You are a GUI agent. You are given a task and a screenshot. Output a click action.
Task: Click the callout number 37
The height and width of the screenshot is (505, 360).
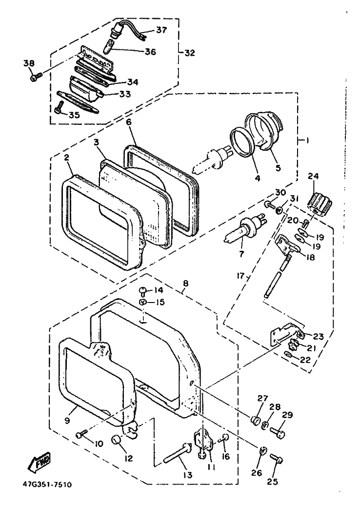tap(161, 30)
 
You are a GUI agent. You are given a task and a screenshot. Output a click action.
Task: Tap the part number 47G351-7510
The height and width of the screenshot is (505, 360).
tap(46, 485)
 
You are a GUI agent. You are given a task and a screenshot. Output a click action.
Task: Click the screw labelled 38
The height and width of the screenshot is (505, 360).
tap(35, 77)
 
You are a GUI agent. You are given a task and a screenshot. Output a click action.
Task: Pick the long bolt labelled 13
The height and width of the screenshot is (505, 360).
tap(177, 454)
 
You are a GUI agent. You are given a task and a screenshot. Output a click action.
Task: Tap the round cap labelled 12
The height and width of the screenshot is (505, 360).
tap(118, 441)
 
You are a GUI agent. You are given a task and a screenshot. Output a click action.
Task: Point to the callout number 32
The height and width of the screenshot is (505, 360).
tap(190, 52)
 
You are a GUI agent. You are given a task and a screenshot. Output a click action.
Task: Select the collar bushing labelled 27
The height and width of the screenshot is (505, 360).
tap(254, 420)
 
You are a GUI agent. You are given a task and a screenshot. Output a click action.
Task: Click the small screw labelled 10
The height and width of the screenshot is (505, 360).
tap(81, 433)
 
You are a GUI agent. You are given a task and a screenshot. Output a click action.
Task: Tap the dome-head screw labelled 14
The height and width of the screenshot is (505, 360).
tap(143, 292)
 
